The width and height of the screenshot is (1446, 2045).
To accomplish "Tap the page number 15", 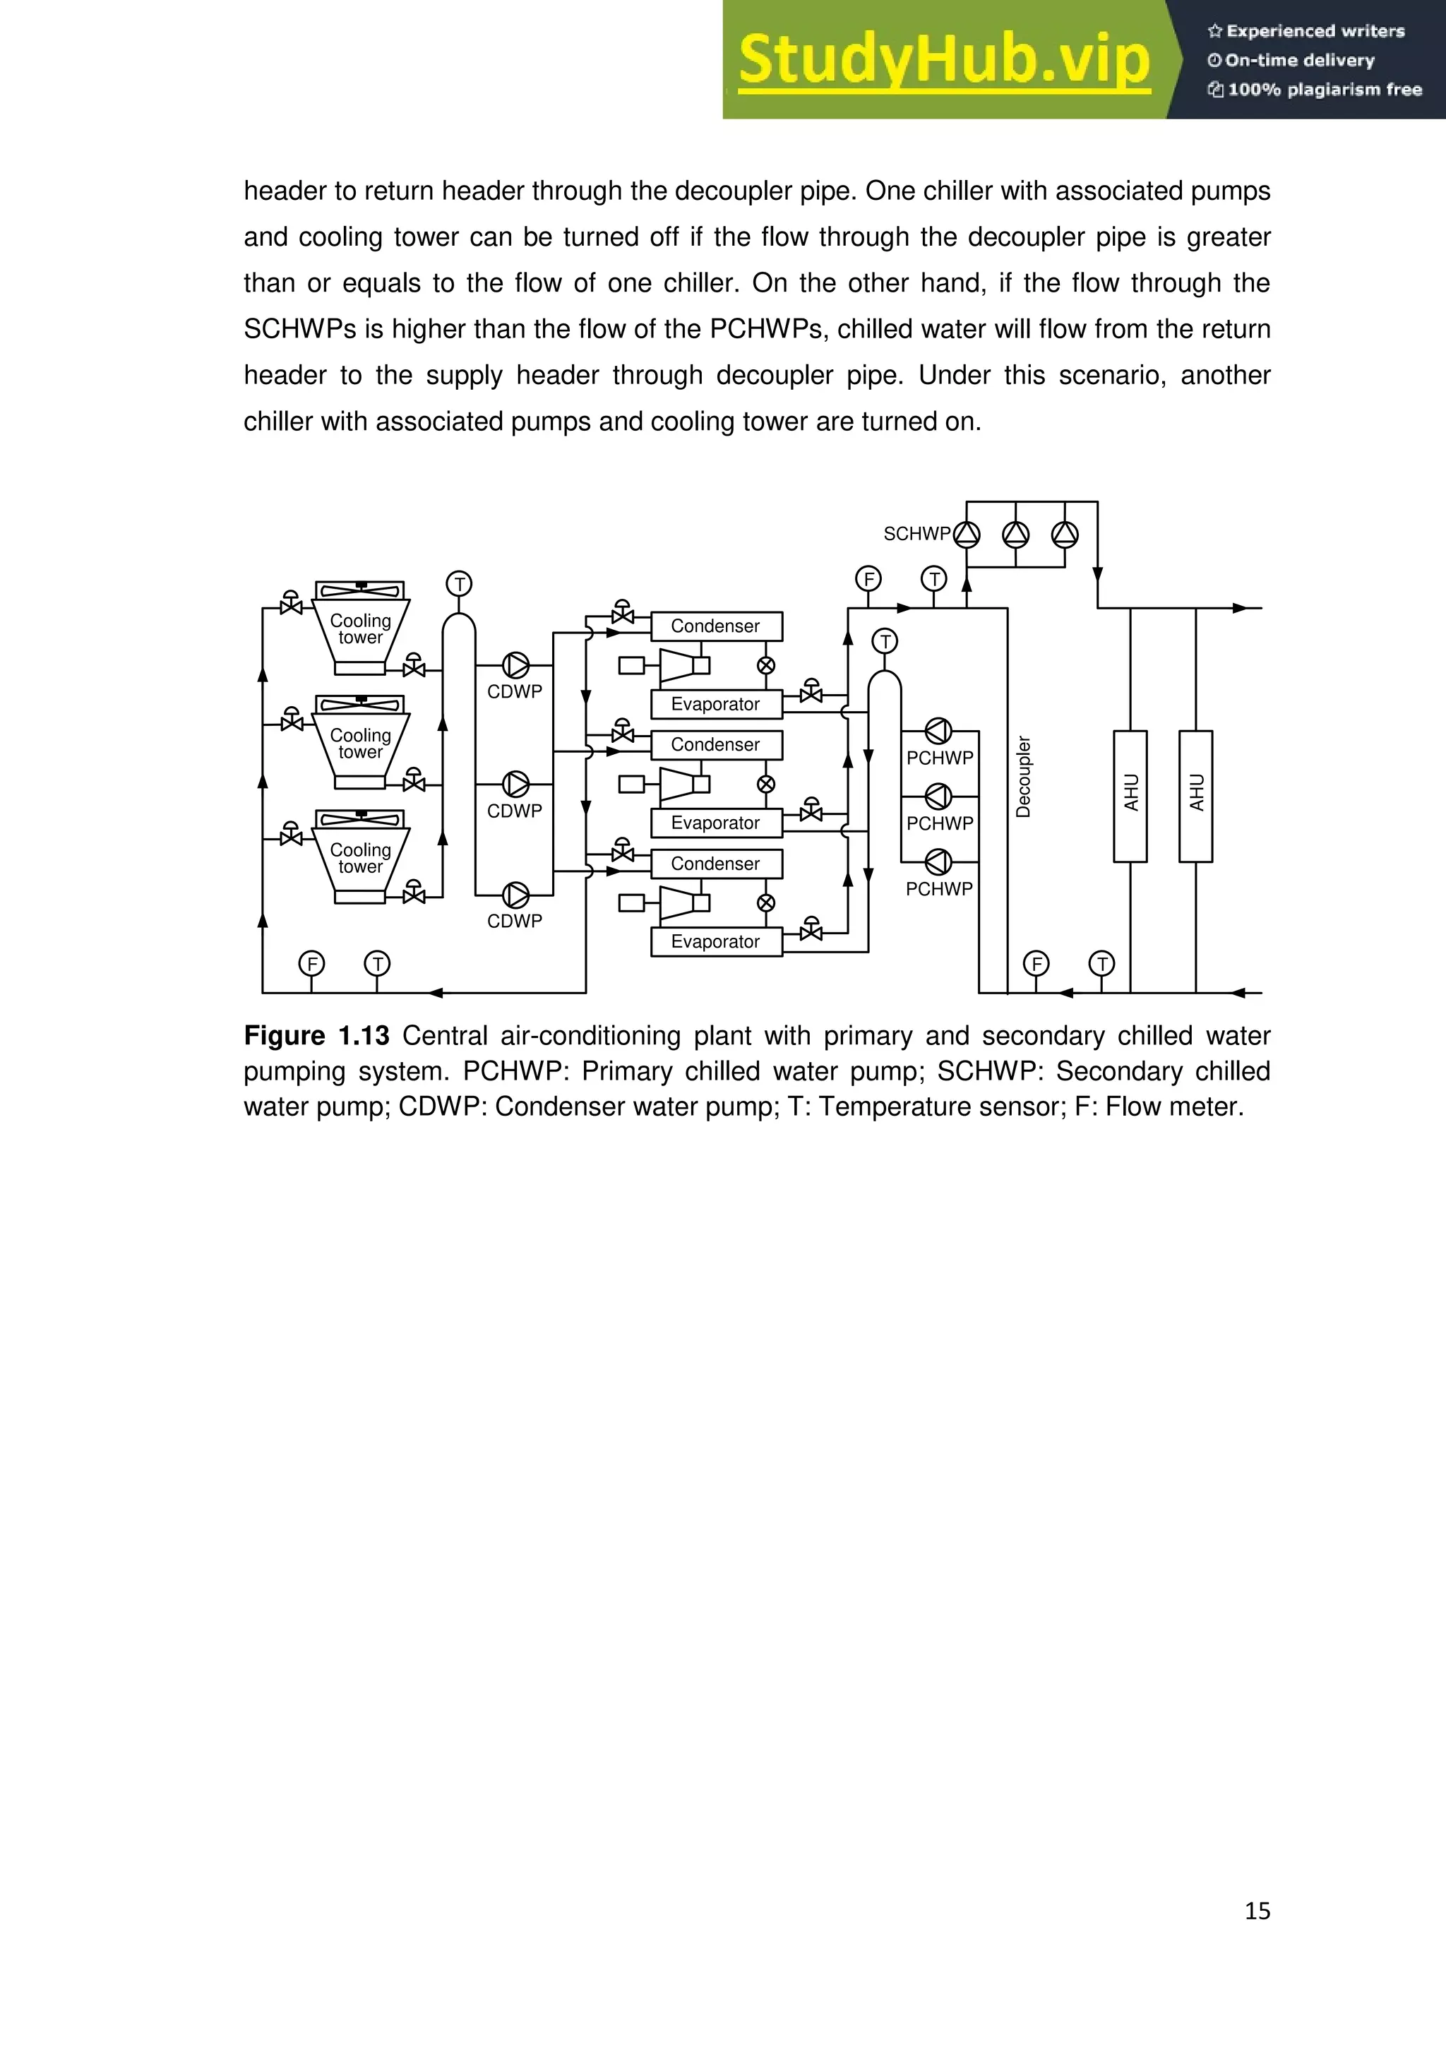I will pyautogui.click(x=1256, y=1911).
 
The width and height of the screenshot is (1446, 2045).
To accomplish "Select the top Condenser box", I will pyautogui.click(x=716, y=626).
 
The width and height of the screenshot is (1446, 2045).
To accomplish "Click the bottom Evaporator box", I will pyautogui.click(x=716, y=941).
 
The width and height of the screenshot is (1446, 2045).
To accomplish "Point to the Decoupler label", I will pyautogui.click(x=1023, y=777).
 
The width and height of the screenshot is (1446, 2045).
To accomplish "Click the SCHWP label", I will pyautogui.click(x=916, y=534).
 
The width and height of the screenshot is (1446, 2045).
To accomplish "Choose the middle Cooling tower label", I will pyautogui.click(x=361, y=743).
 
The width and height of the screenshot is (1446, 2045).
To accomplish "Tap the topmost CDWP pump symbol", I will pyautogui.click(x=515, y=665).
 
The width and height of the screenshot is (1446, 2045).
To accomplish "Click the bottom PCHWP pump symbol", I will pyautogui.click(x=938, y=862).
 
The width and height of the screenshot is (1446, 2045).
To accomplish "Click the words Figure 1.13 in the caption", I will pyautogui.click(x=316, y=1036).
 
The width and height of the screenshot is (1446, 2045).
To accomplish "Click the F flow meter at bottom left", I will pyautogui.click(x=311, y=964).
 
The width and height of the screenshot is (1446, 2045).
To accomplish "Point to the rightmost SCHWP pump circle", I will pyautogui.click(x=1065, y=535).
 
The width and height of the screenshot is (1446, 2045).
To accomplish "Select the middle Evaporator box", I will pyautogui.click(x=716, y=823).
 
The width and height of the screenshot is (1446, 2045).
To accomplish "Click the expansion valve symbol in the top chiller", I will pyautogui.click(x=766, y=665).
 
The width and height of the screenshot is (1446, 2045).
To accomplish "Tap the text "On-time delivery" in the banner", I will pyautogui.click(x=1299, y=61).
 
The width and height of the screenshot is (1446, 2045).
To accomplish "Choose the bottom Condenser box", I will pyautogui.click(x=716, y=864).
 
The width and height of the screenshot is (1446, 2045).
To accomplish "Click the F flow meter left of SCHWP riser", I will pyautogui.click(x=868, y=579).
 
